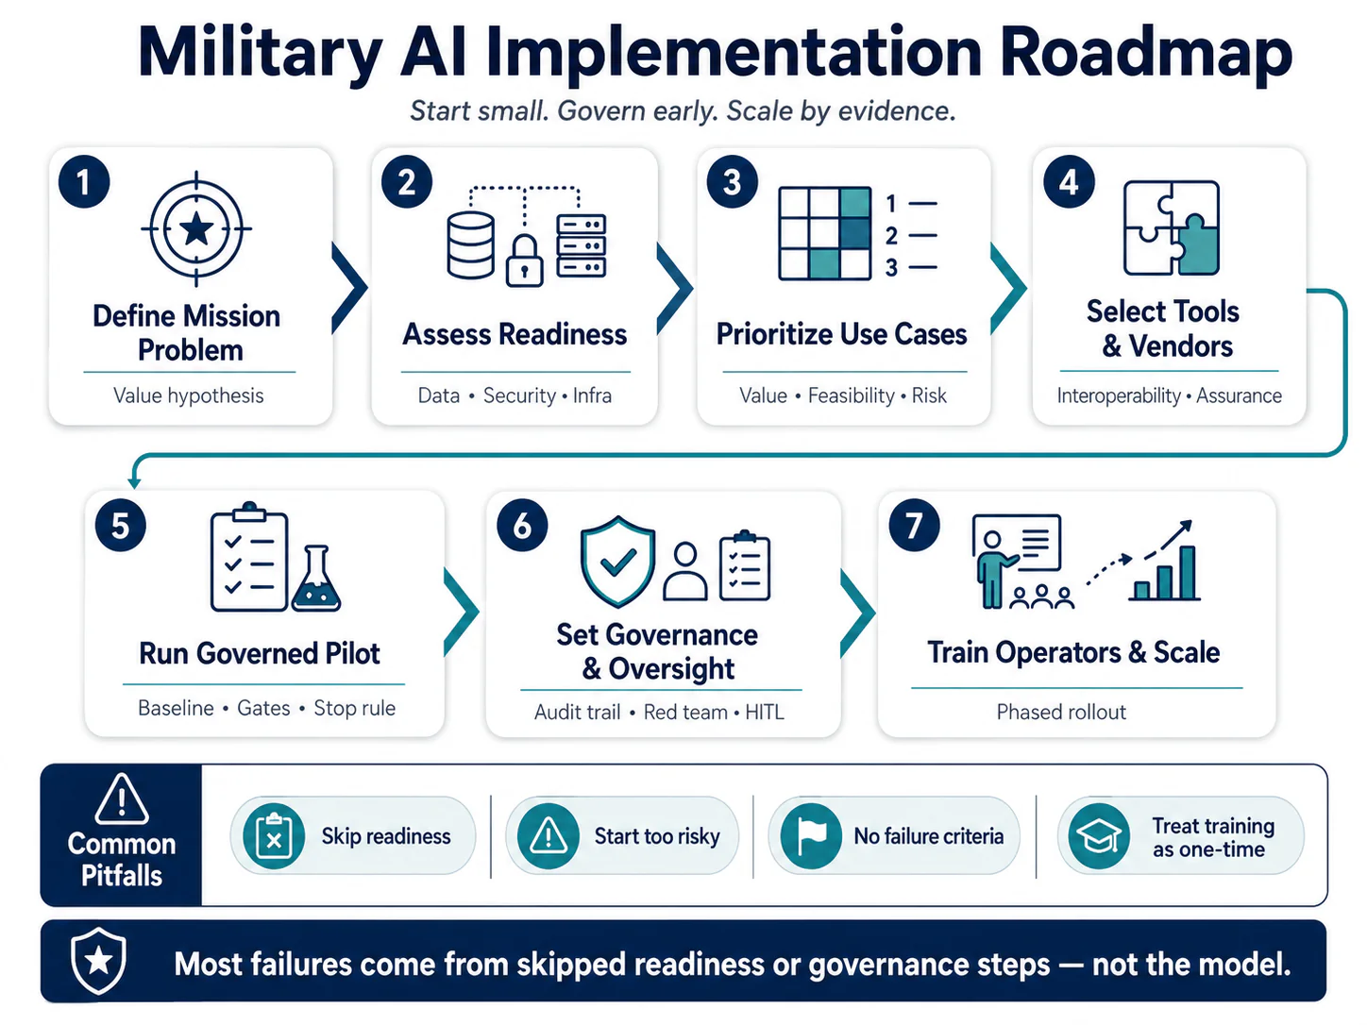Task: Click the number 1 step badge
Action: (84, 182)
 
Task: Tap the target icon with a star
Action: (196, 229)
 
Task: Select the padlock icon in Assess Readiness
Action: (524, 260)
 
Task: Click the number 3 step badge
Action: (732, 182)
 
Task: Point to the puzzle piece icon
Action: (1171, 227)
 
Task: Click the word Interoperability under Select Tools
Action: (1119, 395)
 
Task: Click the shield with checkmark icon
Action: (617, 562)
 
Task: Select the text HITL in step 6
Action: (764, 712)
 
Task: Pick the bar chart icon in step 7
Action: (1164, 573)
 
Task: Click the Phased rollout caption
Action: (1061, 712)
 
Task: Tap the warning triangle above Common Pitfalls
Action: (122, 799)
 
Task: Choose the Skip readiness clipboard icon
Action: (274, 836)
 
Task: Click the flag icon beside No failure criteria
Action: (811, 836)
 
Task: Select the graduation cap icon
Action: (1099, 836)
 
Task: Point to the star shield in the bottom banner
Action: (98, 961)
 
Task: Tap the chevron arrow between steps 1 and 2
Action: (350, 288)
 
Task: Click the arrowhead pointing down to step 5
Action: (133, 482)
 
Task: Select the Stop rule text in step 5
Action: (354, 708)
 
